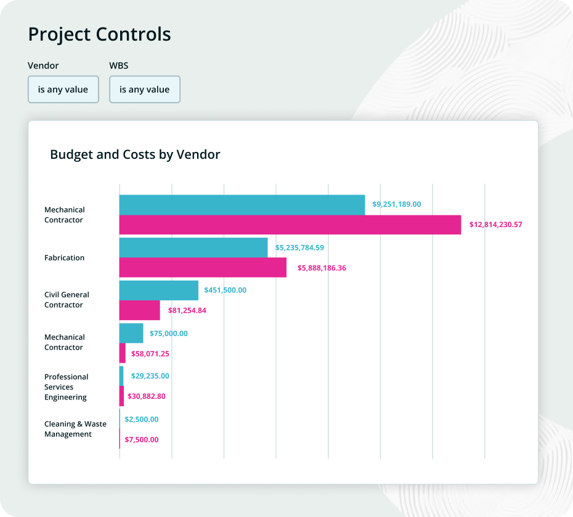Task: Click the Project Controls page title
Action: (x=99, y=34)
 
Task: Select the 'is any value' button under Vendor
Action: (x=63, y=89)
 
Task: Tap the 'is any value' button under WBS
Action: (x=145, y=89)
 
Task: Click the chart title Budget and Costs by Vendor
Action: (x=135, y=154)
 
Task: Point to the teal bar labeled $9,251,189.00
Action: (x=242, y=205)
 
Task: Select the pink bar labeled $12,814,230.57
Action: (x=290, y=225)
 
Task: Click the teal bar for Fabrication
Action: (x=193, y=247)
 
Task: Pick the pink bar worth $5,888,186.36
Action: (x=203, y=268)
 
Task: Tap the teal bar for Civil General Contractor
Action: (x=158, y=290)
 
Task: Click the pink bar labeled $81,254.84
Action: (x=139, y=310)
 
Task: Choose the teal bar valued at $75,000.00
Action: (x=131, y=333)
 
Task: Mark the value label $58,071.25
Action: (x=150, y=354)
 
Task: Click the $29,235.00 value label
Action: (x=150, y=375)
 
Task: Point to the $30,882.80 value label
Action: (x=146, y=396)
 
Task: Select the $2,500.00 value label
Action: (x=141, y=419)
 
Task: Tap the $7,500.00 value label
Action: (x=141, y=439)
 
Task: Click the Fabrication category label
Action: (x=64, y=258)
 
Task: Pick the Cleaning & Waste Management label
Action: (x=75, y=429)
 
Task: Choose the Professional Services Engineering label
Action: (x=67, y=387)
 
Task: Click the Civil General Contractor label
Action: (x=67, y=300)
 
